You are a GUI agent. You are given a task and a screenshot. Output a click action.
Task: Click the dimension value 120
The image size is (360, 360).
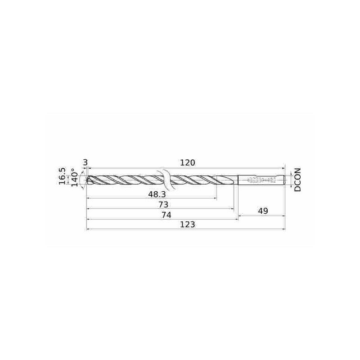[x=187, y=163]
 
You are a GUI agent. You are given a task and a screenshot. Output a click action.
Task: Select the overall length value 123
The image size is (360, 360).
[x=187, y=224]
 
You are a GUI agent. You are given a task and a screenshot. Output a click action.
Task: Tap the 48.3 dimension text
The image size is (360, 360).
[x=157, y=194]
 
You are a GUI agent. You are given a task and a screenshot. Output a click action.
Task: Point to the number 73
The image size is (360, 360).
[x=163, y=204]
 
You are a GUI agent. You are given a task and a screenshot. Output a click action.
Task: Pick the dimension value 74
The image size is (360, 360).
[x=166, y=215]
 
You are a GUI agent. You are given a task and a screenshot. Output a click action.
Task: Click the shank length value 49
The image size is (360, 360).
[x=263, y=211]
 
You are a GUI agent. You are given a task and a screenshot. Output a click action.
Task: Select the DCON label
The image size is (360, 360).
[x=297, y=180]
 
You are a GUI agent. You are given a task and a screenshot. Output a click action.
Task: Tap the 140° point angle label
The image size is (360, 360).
[x=74, y=177]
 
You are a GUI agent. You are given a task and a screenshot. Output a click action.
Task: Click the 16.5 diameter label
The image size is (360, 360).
[x=62, y=176]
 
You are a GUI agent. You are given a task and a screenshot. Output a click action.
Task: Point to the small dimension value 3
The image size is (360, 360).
[x=85, y=163]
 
